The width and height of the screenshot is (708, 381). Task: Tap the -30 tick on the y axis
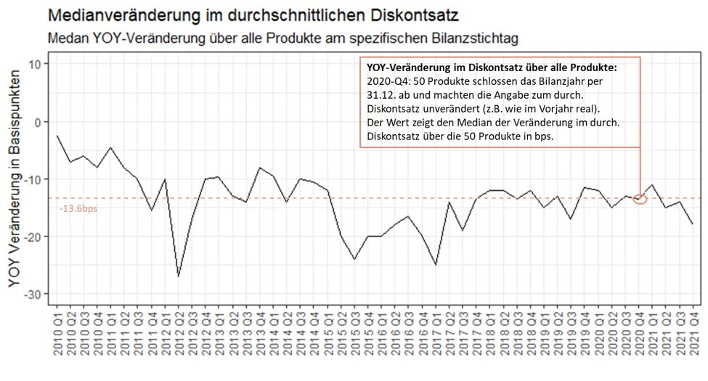(31, 294)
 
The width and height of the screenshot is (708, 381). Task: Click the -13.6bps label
(78, 209)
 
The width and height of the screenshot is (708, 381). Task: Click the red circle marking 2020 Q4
(640, 199)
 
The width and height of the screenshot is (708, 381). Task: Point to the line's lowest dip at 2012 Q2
(179, 276)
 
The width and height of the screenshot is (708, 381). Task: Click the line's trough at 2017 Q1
(436, 265)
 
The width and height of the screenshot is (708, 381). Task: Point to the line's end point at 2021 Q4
(693, 224)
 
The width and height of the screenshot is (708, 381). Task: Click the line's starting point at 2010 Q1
(57, 136)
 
